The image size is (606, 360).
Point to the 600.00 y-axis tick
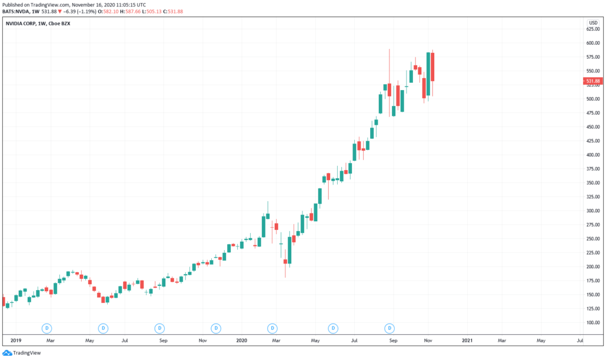click(x=592, y=43)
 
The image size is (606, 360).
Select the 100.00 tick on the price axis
click(x=592, y=323)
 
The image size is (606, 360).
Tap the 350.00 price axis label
click(x=592, y=183)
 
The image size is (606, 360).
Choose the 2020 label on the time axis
click(x=241, y=340)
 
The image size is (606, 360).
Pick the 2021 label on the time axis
click(x=467, y=340)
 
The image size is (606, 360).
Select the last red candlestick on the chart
click(x=432, y=67)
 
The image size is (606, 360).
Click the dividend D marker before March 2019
click(x=47, y=328)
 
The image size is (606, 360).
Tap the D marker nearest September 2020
click(x=389, y=328)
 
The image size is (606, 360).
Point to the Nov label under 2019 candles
click(x=202, y=340)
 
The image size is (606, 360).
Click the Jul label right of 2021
click(x=580, y=340)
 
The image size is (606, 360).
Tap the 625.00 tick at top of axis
click(x=592, y=29)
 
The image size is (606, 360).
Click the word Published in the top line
click(x=15, y=4)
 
